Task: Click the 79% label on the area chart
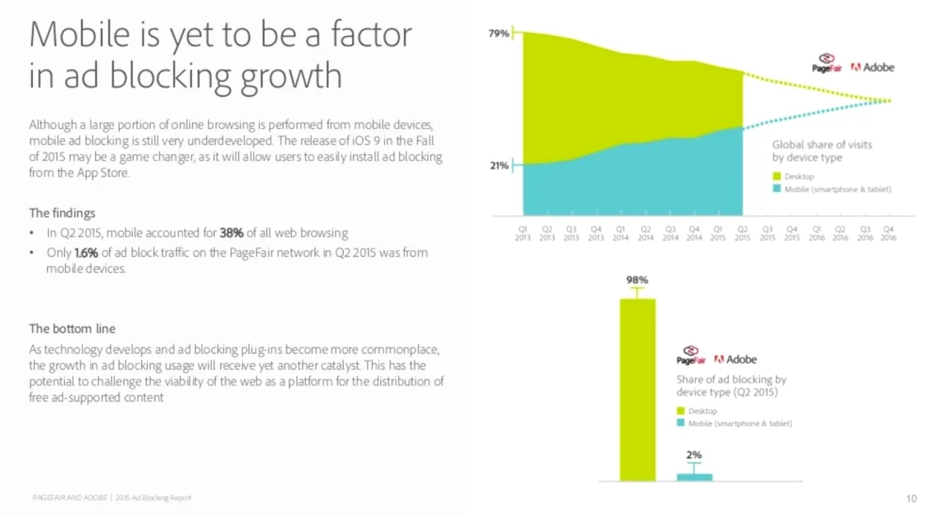[x=498, y=34]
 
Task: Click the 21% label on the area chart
[x=499, y=166]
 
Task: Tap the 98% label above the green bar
[x=637, y=280]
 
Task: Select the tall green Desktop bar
[x=637, y=390]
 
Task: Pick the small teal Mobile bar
[x=694, y=477]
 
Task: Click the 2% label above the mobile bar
[x=694, y=455]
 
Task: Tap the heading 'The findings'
[x=63, y=213]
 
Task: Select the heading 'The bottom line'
[x=72, y=328]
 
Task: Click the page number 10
[x=911, y=499]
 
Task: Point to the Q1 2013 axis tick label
[x=523, y=233]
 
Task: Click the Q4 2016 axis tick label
[x=888, y=233]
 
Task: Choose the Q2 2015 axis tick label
[x=743, y=233]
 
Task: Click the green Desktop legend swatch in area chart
[x=777, y=177]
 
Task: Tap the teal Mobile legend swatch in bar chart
[x=681, y=423]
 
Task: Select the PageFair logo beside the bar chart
[x=690, y=355]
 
